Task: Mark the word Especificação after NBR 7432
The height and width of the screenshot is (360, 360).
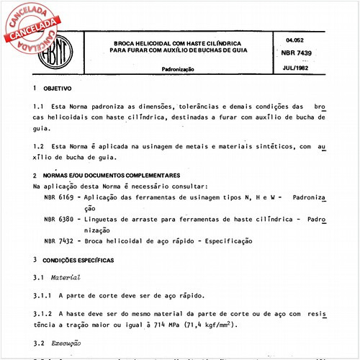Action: (222, 240)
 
